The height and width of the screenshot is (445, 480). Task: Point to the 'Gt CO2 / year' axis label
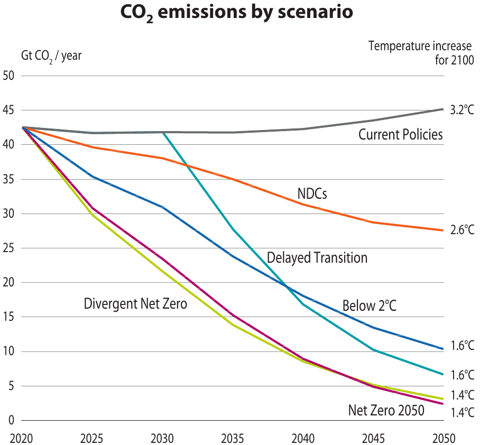[51, 55]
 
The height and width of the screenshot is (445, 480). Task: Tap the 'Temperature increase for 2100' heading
[420, 52]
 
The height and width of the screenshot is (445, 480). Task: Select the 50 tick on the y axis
[8, 76]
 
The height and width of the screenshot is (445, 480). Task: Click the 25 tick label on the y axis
[8, 248]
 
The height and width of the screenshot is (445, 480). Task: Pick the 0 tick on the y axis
[11, 421]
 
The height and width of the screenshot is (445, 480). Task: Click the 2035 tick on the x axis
[233, 438]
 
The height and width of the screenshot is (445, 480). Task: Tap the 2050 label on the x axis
[443, 438]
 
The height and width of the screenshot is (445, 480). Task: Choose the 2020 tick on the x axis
[22, 438]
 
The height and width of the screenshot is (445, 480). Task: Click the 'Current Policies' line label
[400, 135]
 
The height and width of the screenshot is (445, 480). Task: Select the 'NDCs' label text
[312, 194]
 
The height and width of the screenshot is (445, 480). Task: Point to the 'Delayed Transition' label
[317, 258]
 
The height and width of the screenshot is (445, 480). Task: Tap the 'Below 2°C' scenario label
[369, 306]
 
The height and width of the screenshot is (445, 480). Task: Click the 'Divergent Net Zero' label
[135, 304]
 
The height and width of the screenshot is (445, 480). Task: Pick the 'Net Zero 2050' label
[386, 411]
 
